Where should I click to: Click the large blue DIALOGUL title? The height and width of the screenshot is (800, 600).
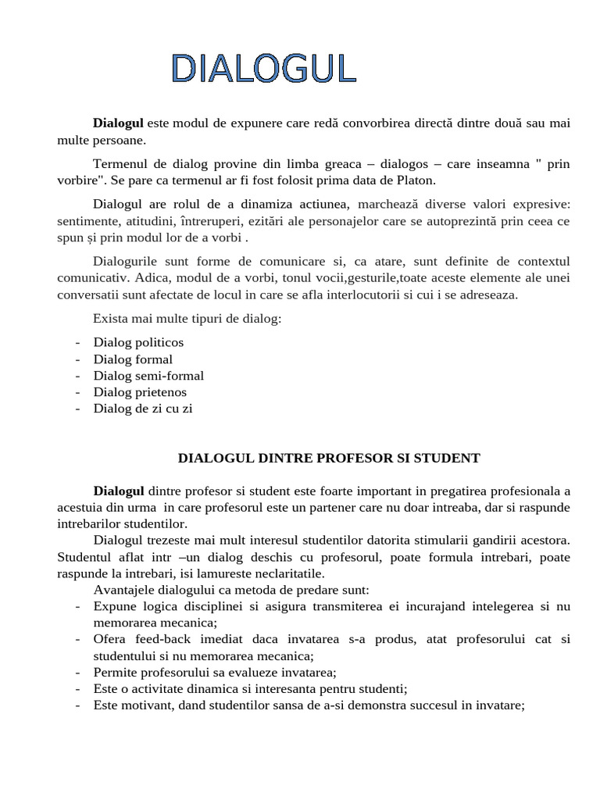tap(264, 69)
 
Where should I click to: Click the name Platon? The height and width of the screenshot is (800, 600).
tap(415, 180)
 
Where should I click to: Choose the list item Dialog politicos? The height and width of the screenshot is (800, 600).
tap(138, 342)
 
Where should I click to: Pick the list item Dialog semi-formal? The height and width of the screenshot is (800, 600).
tap(148, 376)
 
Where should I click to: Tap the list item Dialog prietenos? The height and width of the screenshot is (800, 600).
tap(140, 392)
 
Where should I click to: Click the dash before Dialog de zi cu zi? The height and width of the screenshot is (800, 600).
tap(77, 409)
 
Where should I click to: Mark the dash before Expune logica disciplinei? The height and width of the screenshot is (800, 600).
tap(77, 606)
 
